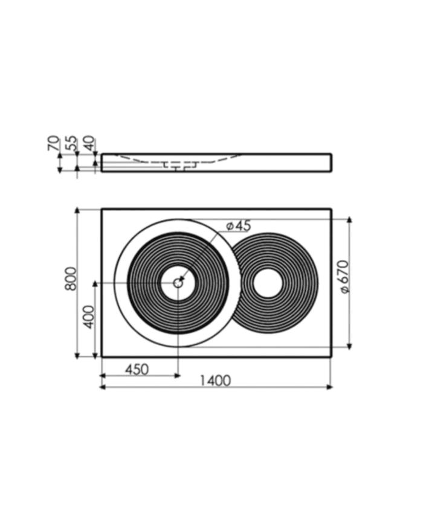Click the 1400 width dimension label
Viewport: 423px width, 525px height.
(215, 380)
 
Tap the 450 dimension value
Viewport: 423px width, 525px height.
(137, 369)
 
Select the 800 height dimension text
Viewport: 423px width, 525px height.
(71, 279)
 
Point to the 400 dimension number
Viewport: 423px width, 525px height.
(88, 317)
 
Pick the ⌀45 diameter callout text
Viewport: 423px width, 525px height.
(238, 225)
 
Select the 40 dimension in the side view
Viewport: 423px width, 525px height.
(89, 144)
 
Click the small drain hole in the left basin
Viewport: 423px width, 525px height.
(178, 282)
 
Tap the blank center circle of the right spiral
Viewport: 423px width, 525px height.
(267, 283)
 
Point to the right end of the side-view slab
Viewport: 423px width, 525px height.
(330, 163)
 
